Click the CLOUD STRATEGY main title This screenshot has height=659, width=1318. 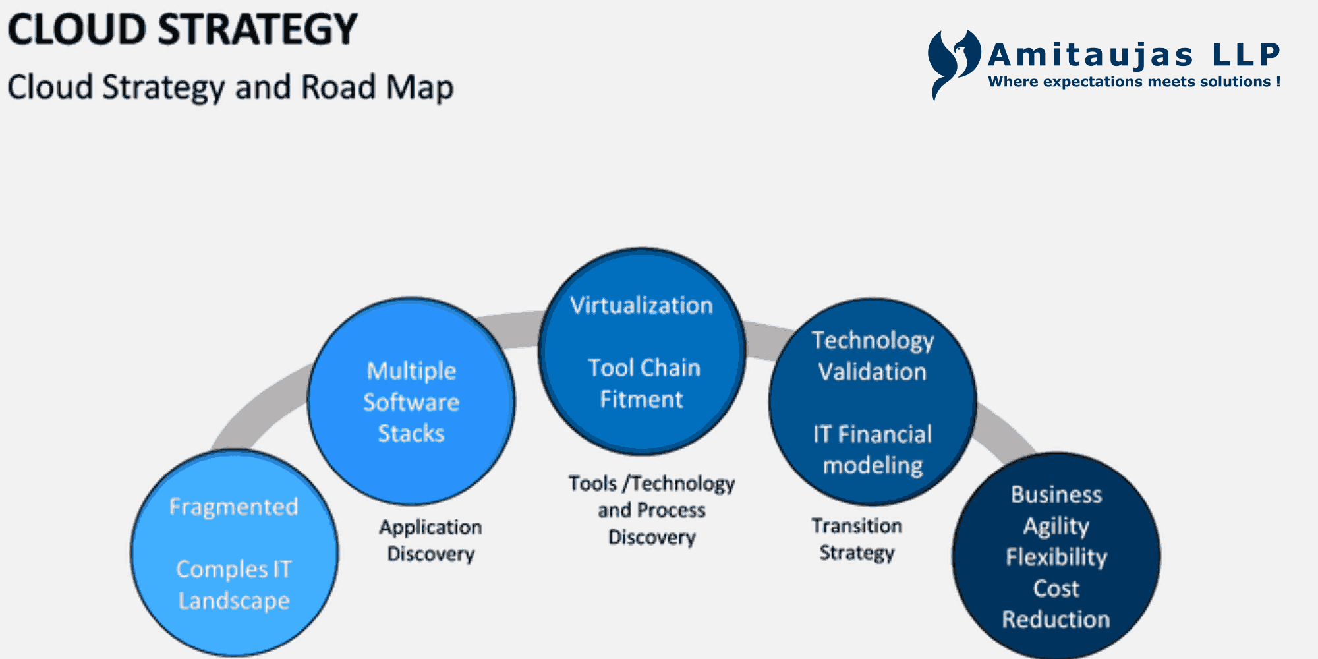pyautogui.click(x=182, y=30)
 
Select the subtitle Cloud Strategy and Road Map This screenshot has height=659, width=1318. pyautogui.click(x=230, y=88)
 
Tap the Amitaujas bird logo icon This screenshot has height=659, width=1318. pyautogui.click(x=952, y=63)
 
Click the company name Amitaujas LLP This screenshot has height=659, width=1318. pyautogui.click(x=1133, y=55)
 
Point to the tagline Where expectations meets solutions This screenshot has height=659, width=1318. pyautogui.click(x=1133, y=82)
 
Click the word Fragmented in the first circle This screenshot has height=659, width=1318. pyautogui.click(x=234, y=507)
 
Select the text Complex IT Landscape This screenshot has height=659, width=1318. pyautogui.click(x=234, y=585)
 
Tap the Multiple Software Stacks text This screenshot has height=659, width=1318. pyautogui.click(x=411, y=402)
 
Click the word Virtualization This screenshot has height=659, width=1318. pyautogui.click(x=641, y=306)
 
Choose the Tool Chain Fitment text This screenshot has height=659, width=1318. pyautogui.click(x=643, y=384)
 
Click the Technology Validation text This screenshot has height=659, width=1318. pyautogui.click(x=873, y=356)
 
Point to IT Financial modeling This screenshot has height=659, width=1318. pyautogui.click(x=873, y=449)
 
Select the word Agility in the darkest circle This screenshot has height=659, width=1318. pyautogui.click(x=1056, y=526)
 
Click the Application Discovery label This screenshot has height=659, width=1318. pyautogui.click(x=430, y=540)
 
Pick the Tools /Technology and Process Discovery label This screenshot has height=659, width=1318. pyautogui.click(x=652, y=510)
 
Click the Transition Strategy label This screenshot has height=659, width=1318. pyautogui.click(x=857, y=539)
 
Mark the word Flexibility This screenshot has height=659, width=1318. pyautogui.click(x=1056, y=558)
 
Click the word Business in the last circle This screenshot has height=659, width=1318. pyautogui.click(x=1056, y=495)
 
